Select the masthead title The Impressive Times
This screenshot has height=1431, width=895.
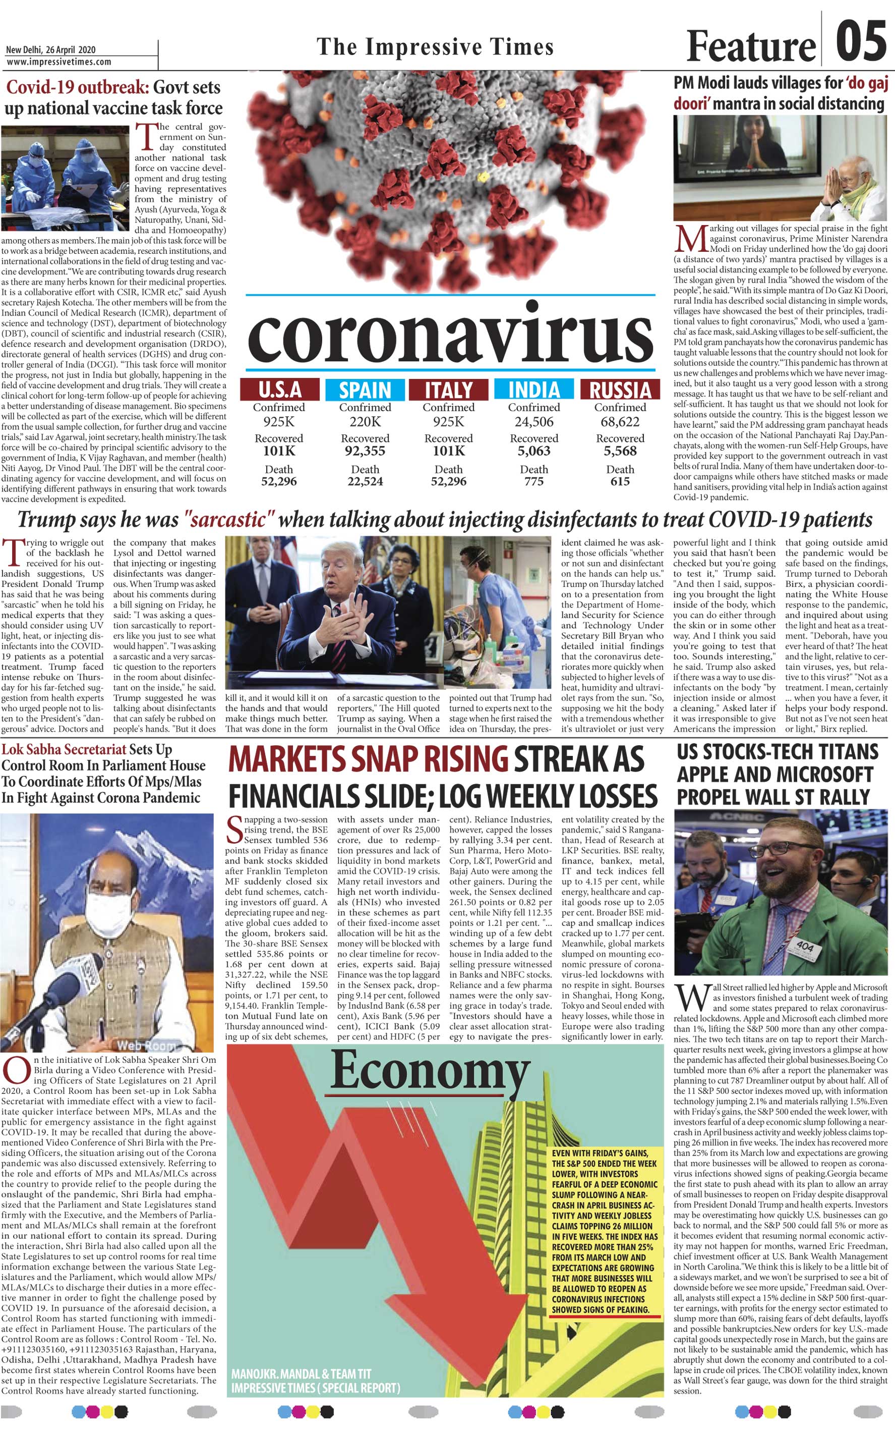pos(435,46)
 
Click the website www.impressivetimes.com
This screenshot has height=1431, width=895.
pos(59,62)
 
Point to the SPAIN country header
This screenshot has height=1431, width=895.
pos(365,390)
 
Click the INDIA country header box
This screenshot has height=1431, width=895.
pos(534,390)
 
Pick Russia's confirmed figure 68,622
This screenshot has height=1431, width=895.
pos(620,422)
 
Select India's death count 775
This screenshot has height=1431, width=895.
pos(534,481)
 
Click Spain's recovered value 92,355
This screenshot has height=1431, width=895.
pos(365,451)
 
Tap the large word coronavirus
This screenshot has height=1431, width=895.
pos(450,337)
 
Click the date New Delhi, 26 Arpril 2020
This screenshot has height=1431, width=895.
pos(50,50)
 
